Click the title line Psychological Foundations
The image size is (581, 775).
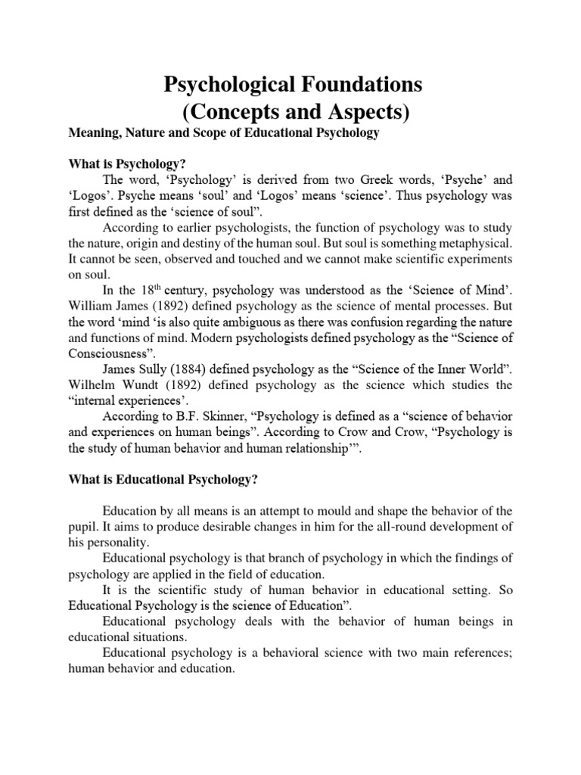[294, 86]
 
